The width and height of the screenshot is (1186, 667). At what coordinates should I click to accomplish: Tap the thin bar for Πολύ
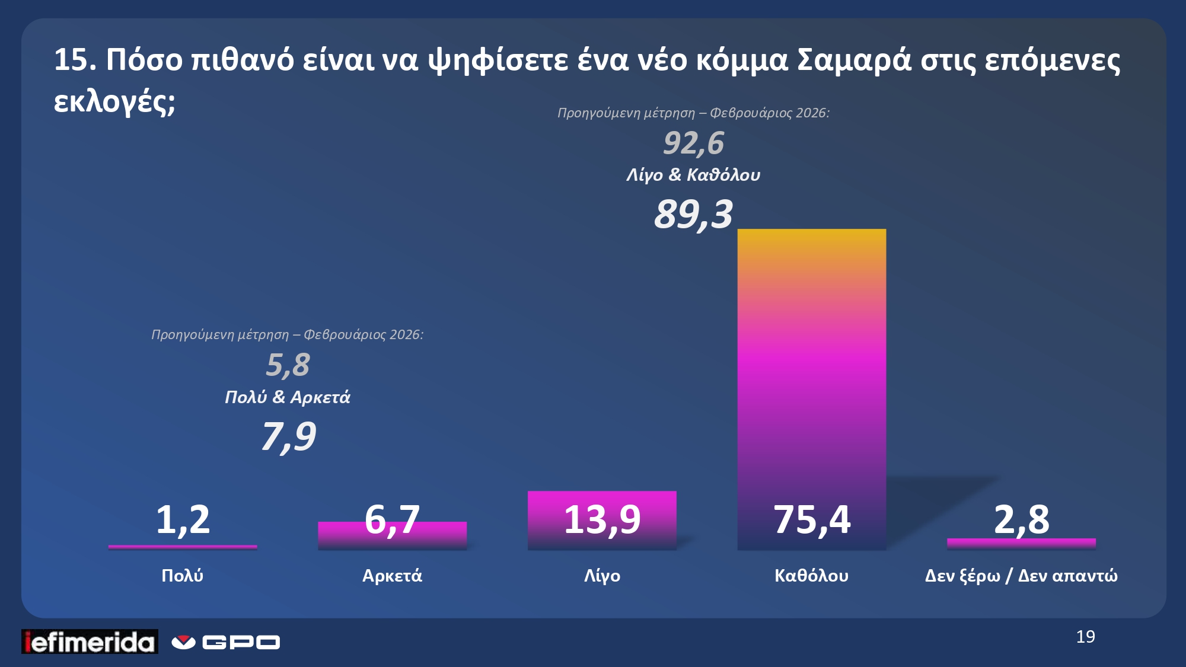pyautogui.click(x=183, y=547)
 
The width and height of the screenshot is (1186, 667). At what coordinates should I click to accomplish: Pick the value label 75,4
pyautogui.click(x=811, y=520)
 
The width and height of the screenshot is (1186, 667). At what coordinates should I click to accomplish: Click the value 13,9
pyautogui.click(x=602, y=520)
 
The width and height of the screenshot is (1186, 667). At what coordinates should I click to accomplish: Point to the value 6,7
pyautogui.click(x=392, y=520)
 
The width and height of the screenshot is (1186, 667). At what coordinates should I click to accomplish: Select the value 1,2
pyautogui.click(x=183, y=520)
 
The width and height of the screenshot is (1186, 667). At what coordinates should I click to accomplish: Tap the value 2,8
pyautogui.click(x=1021, y=520)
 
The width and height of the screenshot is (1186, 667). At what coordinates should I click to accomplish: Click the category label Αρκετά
pyautogui.click(x=392, y=576)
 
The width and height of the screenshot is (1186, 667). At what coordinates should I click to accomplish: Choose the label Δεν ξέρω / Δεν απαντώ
pyautogui.click(x=1021, y=576)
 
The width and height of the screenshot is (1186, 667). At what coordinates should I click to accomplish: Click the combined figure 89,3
pyautogui.click(x=693, y=214)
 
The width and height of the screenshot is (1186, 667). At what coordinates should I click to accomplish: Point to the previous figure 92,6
pyautogui.click(x=693, y=143)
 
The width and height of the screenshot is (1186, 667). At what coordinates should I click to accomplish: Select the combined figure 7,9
pyautogui.click(x=288, y=437)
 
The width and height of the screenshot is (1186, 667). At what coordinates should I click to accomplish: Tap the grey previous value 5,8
pyautogui.click(x=288, y=365)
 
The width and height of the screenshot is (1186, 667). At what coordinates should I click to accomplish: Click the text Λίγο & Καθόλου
pyautogui.click(x=693, y=175)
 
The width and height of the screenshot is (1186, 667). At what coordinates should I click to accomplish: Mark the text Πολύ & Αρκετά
pyautogui.click(x=288, y=397)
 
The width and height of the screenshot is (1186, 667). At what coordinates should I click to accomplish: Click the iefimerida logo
pyautogui.click(x=90, y=642)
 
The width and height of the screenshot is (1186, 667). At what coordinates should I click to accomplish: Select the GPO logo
pyautogui.click(x=226, y=642)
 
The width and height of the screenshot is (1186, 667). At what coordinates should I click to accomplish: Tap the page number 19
pyautogui.click(x=1085, y=637)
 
